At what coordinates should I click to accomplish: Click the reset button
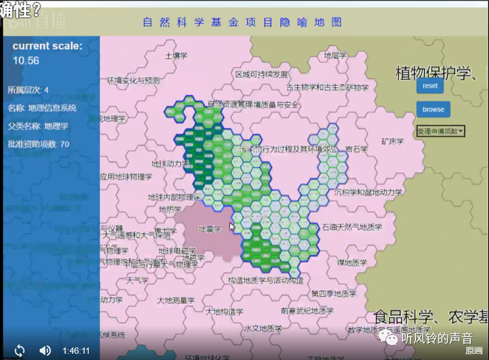click(430, 86)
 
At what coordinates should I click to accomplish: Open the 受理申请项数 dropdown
click(441, 131)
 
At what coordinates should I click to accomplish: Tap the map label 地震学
click(209, 229)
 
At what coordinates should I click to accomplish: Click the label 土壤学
click(176, 56)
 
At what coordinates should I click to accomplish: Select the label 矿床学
click(392, 141)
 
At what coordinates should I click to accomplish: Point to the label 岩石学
click(356, 149)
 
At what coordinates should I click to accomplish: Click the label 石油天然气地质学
click(352, 227)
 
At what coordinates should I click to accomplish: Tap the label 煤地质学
click(351, 263)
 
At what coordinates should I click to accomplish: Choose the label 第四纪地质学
click(334, 294)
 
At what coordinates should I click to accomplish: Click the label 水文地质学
click(263, 329)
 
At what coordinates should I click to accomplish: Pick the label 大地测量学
click(176, 300)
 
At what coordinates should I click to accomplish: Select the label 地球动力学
click(170, 164)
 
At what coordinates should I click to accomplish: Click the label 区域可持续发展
click(262, 75)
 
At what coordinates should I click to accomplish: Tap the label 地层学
click(335, 56)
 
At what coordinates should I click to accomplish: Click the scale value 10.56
click(26, 60)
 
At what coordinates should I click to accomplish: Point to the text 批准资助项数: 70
click(39, 144)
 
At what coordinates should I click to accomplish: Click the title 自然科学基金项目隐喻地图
click(243, 23)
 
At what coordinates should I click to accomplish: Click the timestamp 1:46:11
click(76, 350)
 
